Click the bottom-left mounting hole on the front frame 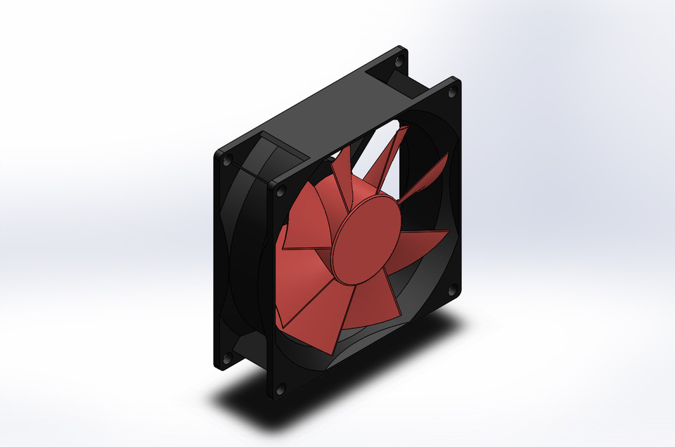(x=281, y=388)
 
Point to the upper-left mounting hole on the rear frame (x=226, y=161)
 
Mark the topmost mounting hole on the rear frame (x=399, y=62)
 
